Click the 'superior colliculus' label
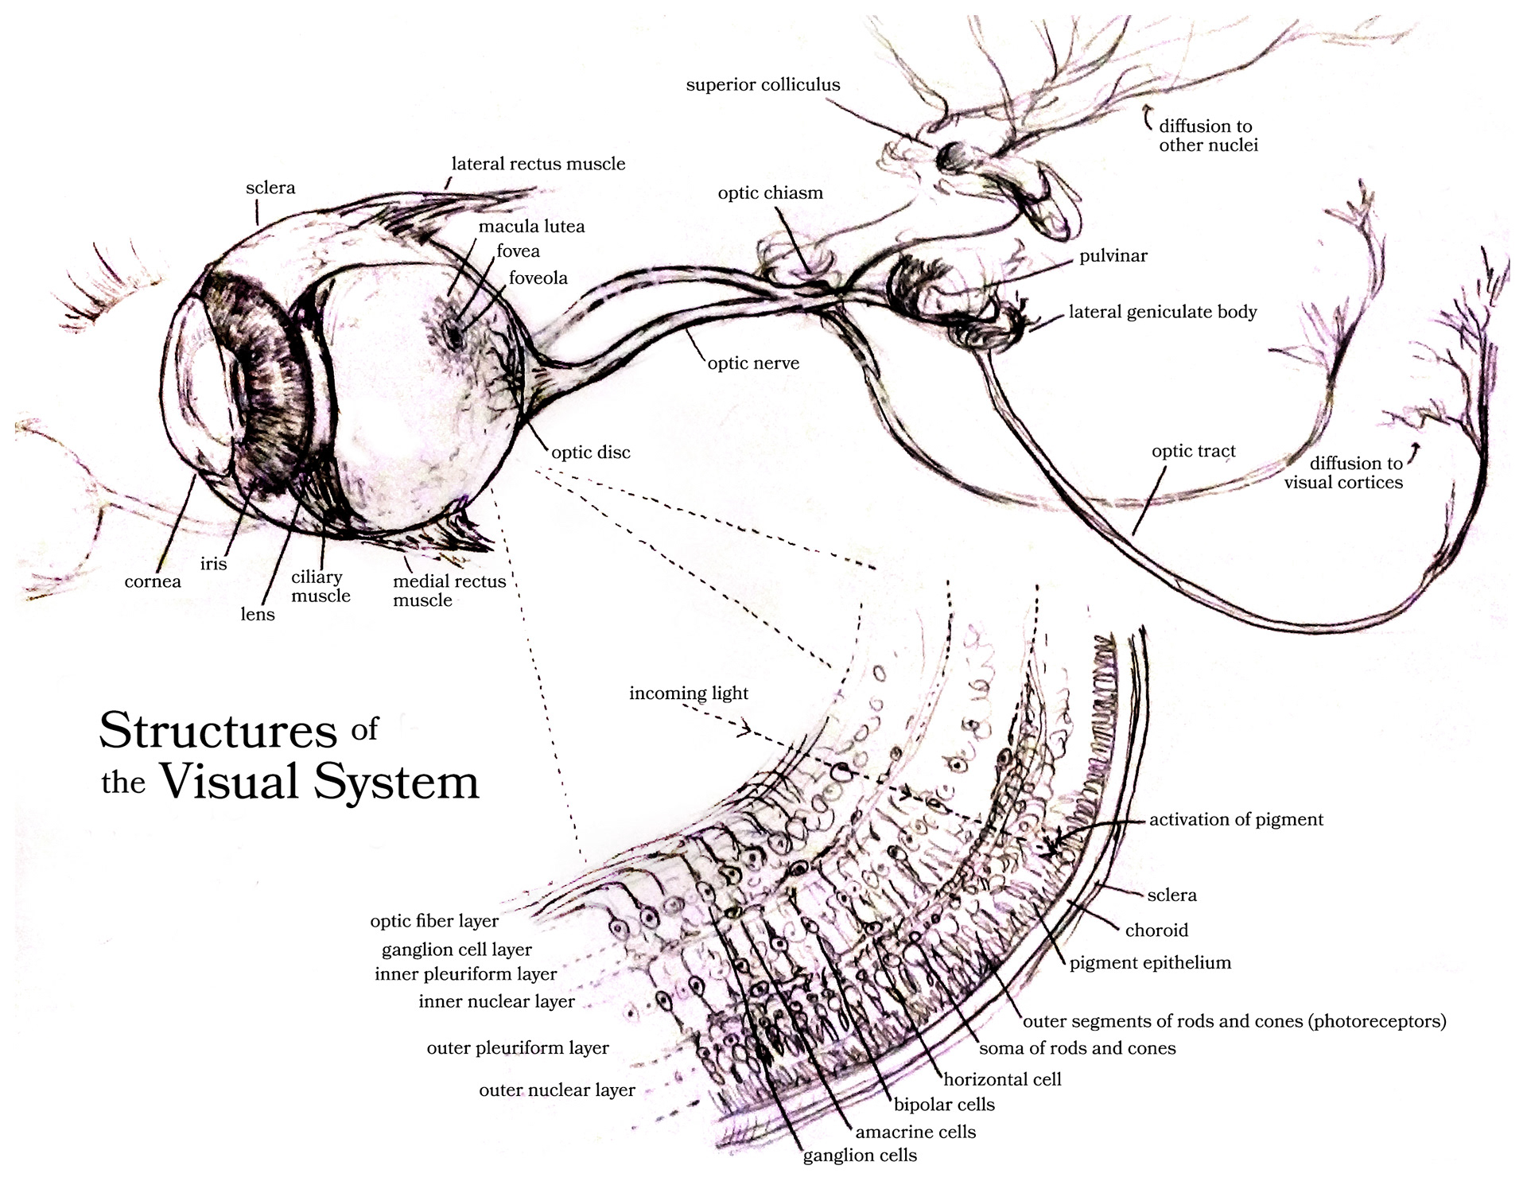(763, 85)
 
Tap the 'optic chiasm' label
(770, 193)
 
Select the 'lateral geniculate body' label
(1162, 312)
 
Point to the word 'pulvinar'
(1113, 256)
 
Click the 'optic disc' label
(591, 453)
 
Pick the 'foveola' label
(538, 278)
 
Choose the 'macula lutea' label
(531, 227)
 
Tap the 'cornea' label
(153, 582)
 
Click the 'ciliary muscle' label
(321, 587)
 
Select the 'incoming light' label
(689, 693)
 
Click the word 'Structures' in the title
(218, 730)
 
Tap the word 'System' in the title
(396, 782)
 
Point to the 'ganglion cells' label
(860, 1156)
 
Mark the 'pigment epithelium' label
(1150, 963)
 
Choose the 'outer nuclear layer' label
(557, 1090)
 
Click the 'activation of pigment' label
(1236, 820)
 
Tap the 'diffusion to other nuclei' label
(1207, 136)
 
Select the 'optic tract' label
(1193, 452)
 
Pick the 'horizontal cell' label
(1002, 1080)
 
